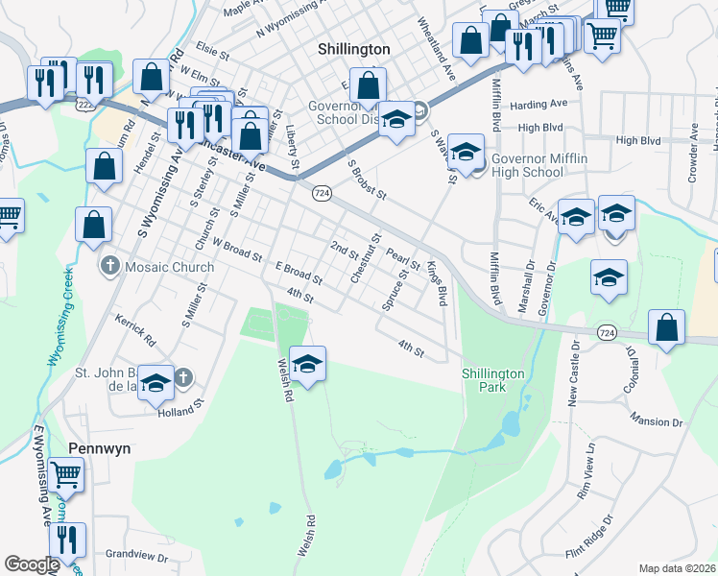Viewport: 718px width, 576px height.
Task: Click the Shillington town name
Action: click(x=353, y=48)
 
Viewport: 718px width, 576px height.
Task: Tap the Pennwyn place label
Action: click(x=99, y=448)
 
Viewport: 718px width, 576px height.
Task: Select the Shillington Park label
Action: click(x=493, y=380)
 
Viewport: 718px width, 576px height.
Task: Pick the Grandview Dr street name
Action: click(x=136, y=556)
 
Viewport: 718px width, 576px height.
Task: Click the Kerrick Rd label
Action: click(x=134, y=328)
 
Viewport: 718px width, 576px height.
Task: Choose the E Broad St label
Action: click(x=297, y=273)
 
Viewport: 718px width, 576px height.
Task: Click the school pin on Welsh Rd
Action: click(x=307, y=364)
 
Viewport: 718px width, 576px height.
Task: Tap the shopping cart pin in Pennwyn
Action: click(x=66, y=473)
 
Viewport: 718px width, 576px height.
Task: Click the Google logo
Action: click(x=32, y=564)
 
